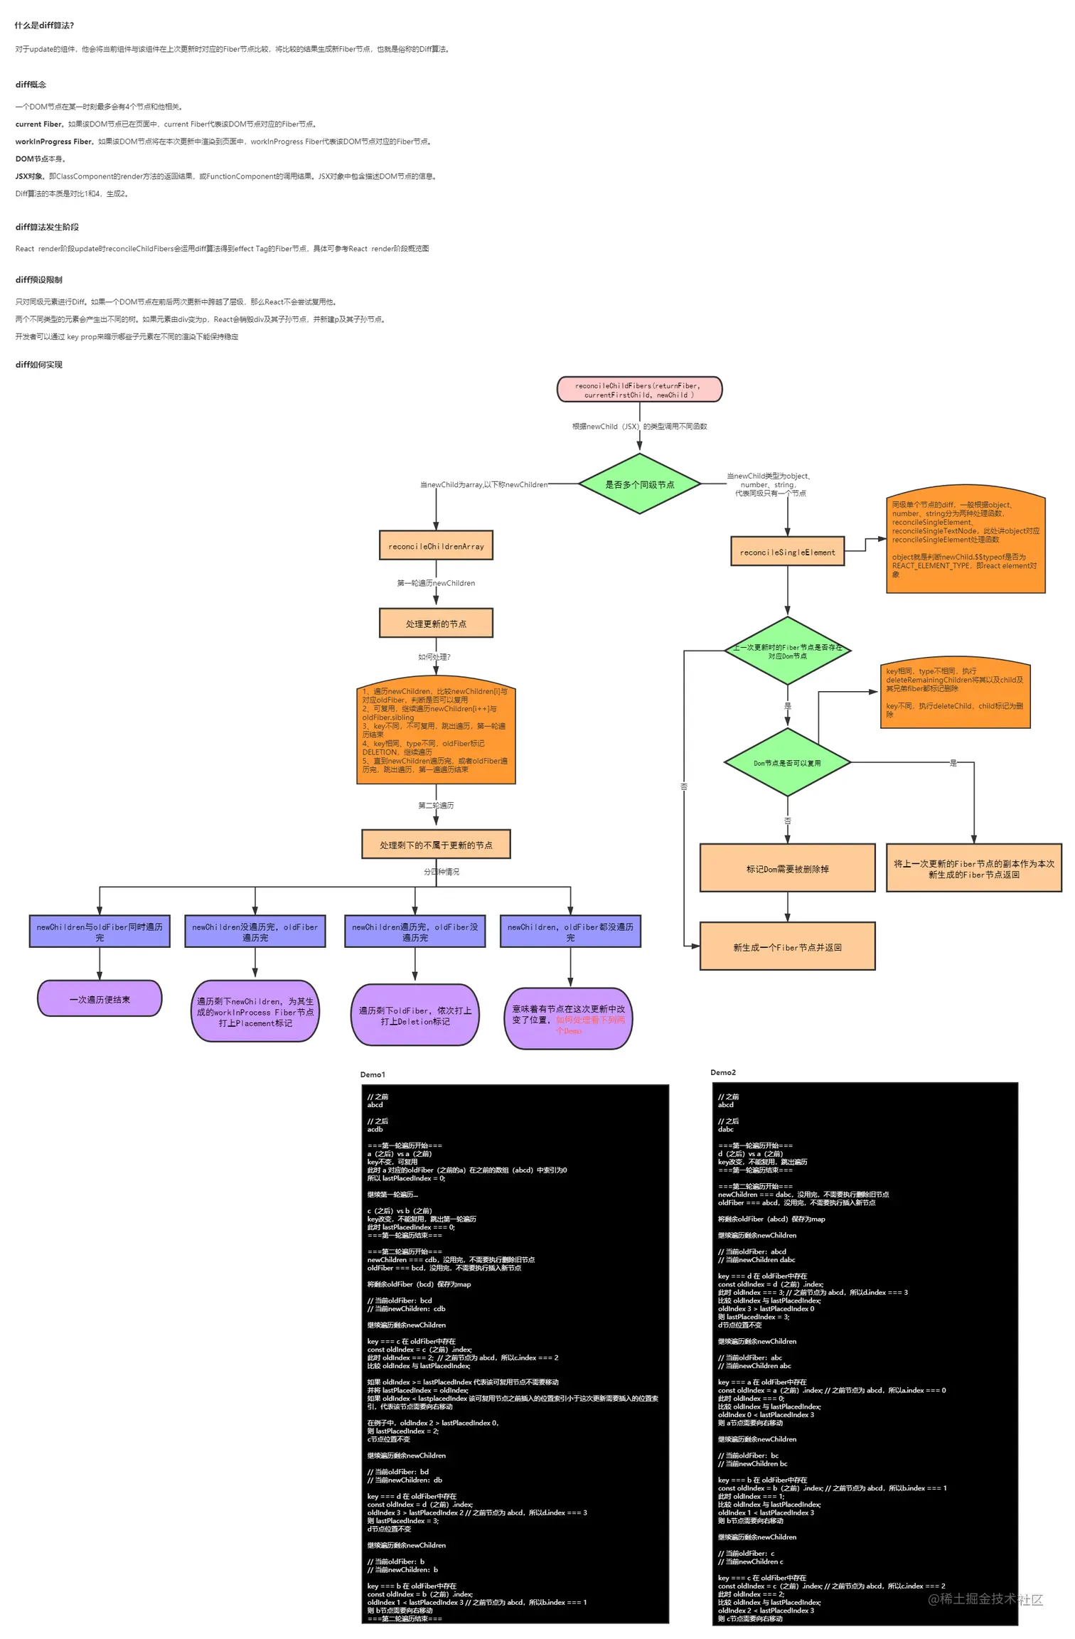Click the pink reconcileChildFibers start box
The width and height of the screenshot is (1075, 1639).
(x=638, y=390)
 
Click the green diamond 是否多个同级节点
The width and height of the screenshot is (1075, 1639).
(x=638, y=484)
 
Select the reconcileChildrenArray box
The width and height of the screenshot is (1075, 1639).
(x=436, y=546)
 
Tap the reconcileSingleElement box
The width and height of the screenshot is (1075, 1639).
(x=787, y=552)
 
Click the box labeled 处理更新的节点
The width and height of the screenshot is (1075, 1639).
(x=436, y=624)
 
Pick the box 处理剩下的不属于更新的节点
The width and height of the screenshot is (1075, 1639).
(x=436, y=845)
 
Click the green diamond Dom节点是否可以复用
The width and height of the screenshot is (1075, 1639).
(x=787, y=763)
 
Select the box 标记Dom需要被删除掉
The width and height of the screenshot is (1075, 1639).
(x=787, y=868)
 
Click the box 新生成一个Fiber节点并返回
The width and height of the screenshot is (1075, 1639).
(x=787, y=946)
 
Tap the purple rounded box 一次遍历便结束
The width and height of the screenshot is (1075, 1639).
(x=100, y=999)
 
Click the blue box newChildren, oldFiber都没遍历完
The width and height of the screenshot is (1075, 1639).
(x=570, y=931)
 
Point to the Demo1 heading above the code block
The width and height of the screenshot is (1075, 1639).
(x=373, y=1074)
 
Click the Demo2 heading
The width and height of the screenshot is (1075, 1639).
(x=723, y=1072)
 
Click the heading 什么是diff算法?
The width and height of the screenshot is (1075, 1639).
(x=44, y=26)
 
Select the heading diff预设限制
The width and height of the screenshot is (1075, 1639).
(x=39, y=279)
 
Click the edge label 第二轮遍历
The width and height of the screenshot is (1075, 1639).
(x=436, y=806)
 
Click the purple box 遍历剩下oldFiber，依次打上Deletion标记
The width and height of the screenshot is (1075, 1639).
(x=415, y=1015)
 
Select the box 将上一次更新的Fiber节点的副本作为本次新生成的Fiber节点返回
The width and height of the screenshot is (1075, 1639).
(x=973, y=868)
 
